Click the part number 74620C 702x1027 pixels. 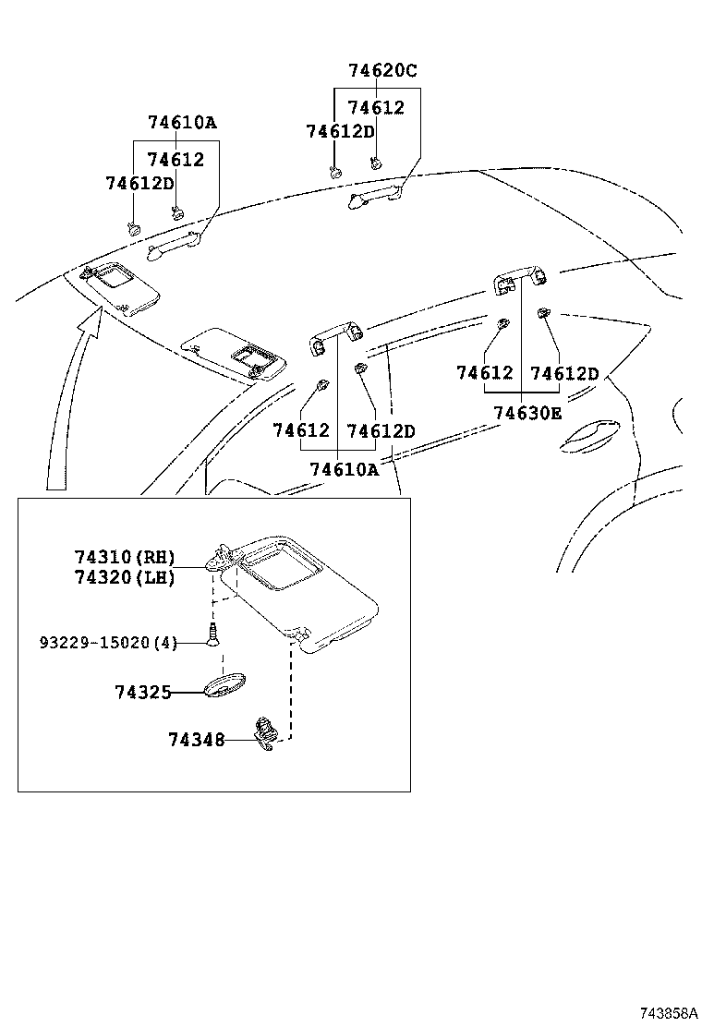382,70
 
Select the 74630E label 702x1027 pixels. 527,413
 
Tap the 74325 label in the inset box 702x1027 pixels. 143,693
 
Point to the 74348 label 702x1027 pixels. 197,740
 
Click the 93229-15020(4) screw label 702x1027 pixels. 109,643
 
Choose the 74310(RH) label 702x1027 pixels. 125,558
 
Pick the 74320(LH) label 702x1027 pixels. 125,578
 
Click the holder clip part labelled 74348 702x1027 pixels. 266,733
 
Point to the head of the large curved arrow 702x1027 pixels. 91,319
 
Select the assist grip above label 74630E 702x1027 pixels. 521,278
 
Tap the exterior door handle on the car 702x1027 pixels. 588,437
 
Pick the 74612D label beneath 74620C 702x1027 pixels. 341,132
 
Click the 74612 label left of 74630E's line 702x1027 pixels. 485,373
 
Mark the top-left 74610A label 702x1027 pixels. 182,123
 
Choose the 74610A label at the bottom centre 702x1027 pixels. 344,469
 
